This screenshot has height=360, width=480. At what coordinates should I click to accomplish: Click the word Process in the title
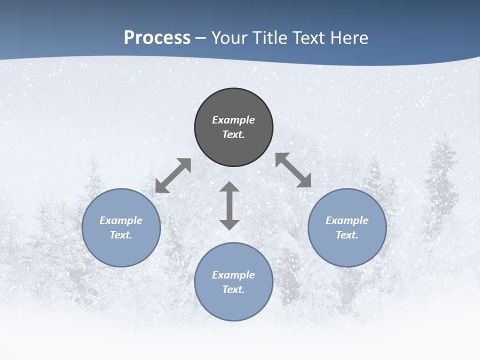pyautogui.click(x=157, y=38)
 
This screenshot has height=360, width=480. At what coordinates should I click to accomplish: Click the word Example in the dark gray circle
pyautogui.click(x=233, y=120)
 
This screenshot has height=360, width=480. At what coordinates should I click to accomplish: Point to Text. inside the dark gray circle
pyautogui.click(x=233, y=134)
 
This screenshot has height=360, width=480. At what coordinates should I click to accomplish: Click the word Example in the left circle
pyautogui.click(x=121, y=220)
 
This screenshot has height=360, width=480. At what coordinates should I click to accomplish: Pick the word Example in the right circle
pyautogui.click(x=347, y=220)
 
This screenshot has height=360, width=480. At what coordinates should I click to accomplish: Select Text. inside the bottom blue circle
pyautogui.click(x=233, y=289)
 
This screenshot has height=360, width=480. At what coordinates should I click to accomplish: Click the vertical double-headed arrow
pyautogui.click(x=229, y=205)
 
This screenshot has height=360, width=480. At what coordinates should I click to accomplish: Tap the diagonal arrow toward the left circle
pyautogui.click(x=173, y=175)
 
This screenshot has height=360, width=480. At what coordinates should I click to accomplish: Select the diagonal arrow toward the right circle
pyautogui.click(x=293, y=170)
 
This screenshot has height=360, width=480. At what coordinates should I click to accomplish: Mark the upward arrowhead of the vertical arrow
pyautogui.click(x=229, y=187)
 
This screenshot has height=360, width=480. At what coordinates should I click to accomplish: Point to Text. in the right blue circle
pyautogui.click(x=347, y=235)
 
